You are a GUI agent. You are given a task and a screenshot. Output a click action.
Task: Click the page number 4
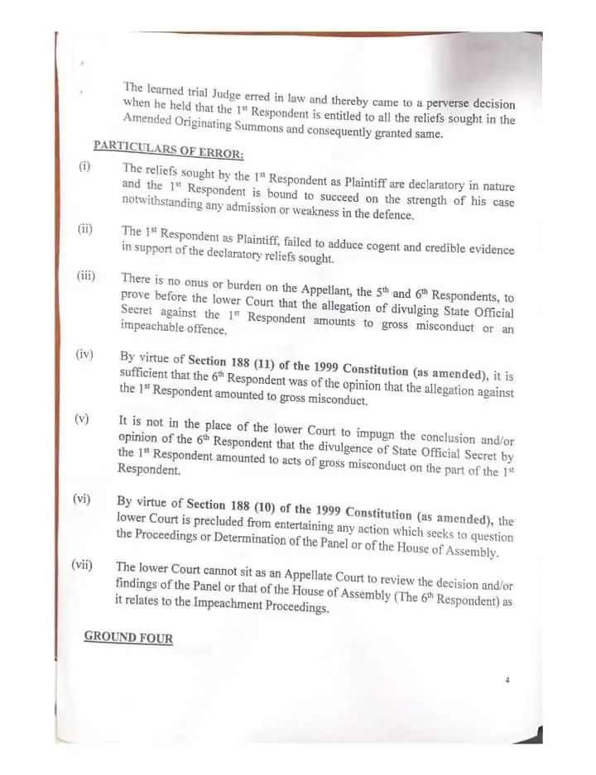(x=507, y=681)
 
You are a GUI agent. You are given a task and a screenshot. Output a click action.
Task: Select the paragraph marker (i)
(x=84, y=166)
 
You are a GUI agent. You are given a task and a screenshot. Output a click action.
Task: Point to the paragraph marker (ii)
(x=85, y=229)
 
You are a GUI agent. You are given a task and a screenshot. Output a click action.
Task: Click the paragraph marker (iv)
(x=84, y=355)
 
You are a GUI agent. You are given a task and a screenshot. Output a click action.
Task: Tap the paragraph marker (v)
(x=81, y=419)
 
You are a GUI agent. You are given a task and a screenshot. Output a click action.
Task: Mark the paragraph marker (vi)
(x=82, y=500)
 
